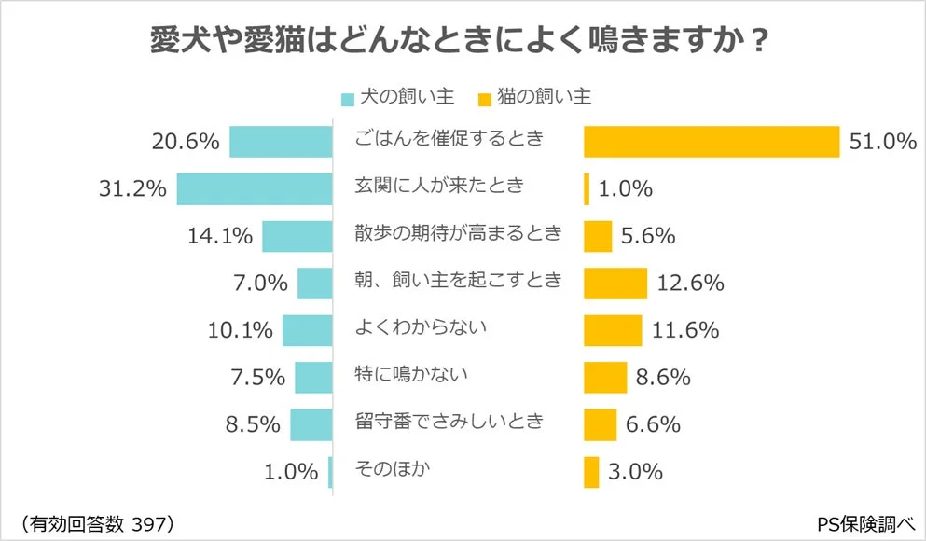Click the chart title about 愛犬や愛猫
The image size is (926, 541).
click(459, 41)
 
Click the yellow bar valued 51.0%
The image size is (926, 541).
click(712, 142)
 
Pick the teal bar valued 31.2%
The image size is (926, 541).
click(255, 188)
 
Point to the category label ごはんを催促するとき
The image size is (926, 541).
click(449, 139)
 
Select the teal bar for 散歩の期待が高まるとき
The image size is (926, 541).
click(297, 236)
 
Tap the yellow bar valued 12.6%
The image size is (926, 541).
click(615, 283)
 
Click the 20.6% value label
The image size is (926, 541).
click(185, 143)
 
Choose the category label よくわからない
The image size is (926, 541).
click(422, 327)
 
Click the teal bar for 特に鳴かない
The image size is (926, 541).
click(313, 377)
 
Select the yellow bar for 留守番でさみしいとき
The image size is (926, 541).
click(600, 424)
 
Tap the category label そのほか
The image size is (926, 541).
click(393, 468)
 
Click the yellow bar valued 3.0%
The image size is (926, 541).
click(591, 472)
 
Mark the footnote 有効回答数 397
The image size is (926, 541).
click(96, 521)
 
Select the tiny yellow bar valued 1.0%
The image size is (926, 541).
click(587, 189)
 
